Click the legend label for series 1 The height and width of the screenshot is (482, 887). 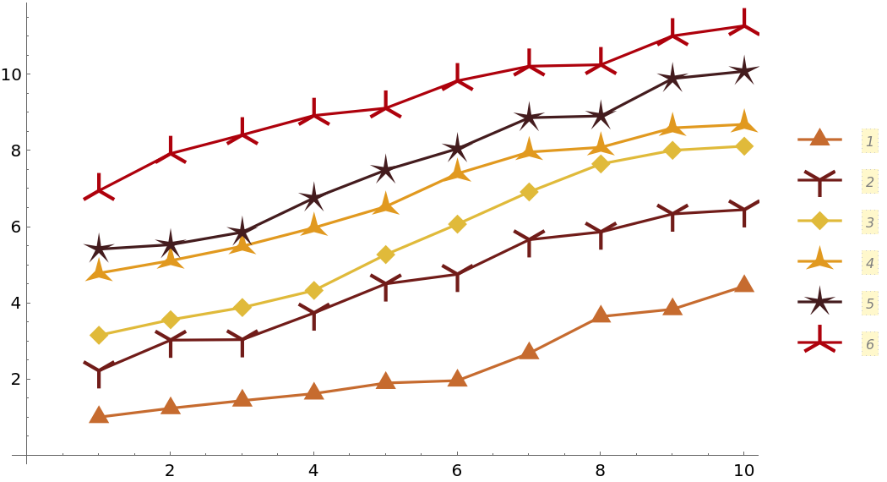click(869, 140)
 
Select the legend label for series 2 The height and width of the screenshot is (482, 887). click(869, 181)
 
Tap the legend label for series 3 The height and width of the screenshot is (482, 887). click(869, 222)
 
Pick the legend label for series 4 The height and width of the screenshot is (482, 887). click(869, 263)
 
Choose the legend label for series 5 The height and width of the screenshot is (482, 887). click(869, 304)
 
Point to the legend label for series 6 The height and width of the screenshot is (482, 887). click(869, 344)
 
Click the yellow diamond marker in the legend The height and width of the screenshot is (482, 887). click(819, 222)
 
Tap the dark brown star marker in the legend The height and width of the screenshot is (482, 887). click(819, 303)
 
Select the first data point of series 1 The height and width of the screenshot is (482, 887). click(99, 415)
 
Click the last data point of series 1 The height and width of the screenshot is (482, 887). click(743, 283)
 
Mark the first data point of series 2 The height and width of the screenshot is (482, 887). click(99, 370)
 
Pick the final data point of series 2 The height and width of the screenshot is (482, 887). click(743, 209)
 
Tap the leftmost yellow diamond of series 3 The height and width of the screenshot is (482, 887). click(99, 335)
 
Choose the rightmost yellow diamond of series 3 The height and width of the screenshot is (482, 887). click(743, 146)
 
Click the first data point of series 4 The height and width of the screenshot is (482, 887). click(99, 271)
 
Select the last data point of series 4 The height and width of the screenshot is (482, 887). click(743, 123)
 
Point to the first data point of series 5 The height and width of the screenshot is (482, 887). click(99, 249)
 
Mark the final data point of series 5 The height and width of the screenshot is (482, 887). click(743, 71)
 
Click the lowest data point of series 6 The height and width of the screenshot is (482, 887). click(99, 191)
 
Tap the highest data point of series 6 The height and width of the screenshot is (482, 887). click(743, 26)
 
